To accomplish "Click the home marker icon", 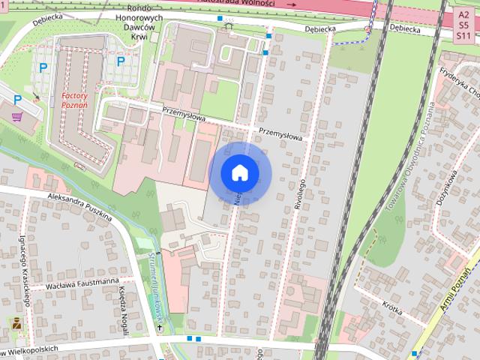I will pos(239,172).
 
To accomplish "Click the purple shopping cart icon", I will pos(17,116).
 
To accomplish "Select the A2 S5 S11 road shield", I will pos(463,24).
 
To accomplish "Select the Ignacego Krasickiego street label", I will pos(25,272).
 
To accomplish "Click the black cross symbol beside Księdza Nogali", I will pos(159,328).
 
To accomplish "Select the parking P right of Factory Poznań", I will pos(120,62).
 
